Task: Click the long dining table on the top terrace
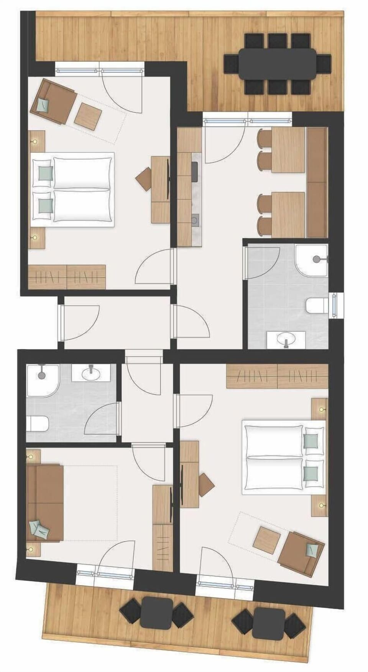pos(278,63)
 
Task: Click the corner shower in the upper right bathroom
pos(312,260)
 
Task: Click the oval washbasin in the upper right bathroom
pos(286,339)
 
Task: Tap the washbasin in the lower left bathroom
pos(91,374)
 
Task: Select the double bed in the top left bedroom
pos(73,190)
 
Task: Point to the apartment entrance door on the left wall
pos(61,322)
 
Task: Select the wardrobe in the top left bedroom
pos(67,276)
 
